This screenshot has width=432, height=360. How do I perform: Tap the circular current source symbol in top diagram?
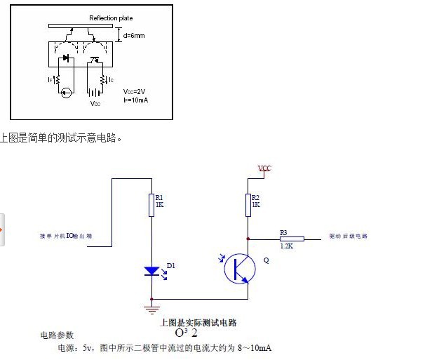[66, 92]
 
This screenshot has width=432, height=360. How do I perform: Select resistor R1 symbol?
[151, 205]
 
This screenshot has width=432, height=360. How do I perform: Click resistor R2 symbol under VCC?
[247, 205]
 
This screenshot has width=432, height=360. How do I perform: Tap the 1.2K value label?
[286, 246]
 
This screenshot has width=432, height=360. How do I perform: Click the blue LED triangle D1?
[151, 271]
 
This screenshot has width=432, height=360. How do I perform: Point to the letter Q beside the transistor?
[266, 260]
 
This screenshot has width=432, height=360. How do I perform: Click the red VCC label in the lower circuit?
[264, 168]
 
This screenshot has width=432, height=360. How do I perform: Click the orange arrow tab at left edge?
[2, 229]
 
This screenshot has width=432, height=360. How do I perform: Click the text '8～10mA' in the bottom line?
[252, 348]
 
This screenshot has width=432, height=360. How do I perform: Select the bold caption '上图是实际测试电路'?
[199, 322]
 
